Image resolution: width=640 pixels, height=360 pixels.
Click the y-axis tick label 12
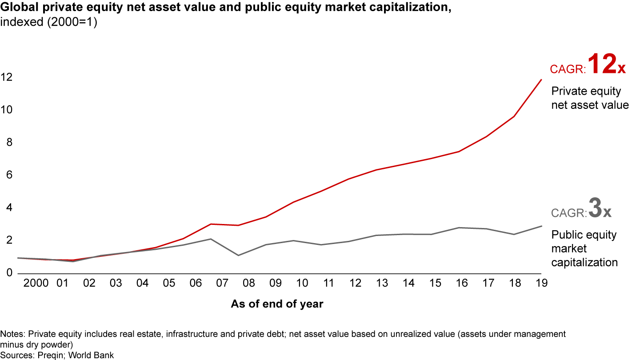point(6,77)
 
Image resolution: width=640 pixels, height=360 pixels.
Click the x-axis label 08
point(249,283)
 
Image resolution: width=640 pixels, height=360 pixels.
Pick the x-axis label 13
point(382,283)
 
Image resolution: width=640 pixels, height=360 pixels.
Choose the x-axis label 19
point(541,283)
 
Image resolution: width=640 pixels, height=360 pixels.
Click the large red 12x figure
point(607,65)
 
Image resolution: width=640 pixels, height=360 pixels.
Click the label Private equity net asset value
point(590,98)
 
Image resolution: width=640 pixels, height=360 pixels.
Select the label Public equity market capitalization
point(584,248)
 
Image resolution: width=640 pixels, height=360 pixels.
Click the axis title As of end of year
point(277,304)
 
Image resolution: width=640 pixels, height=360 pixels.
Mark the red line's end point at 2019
point(541,80)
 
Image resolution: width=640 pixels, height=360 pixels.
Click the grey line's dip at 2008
point(238,255)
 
